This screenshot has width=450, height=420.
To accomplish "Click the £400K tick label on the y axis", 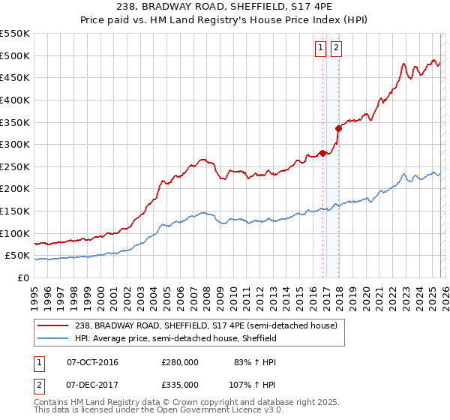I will (x=14, y=100).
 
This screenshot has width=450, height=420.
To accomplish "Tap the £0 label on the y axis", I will (x=23, y=277).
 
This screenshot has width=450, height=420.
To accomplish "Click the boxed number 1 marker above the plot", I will (x=320, y=49).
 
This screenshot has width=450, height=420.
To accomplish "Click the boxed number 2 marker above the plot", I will (x=335, y=49).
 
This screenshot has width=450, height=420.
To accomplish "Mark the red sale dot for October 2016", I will (x=322, y=153).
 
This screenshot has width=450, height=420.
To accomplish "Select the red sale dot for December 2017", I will (x=338, y=128).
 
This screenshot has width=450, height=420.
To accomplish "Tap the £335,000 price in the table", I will (x=180, y=384).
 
